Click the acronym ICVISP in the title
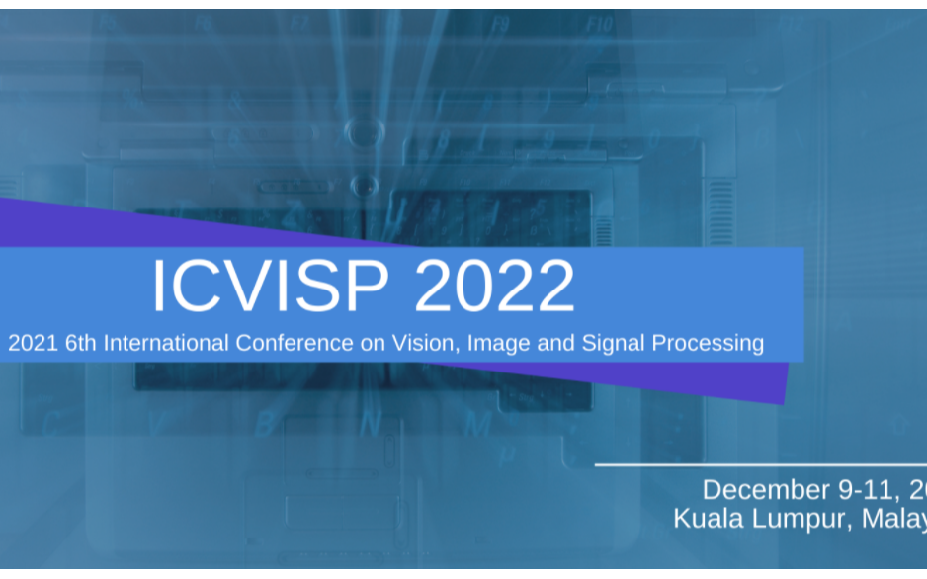tap(273, 287)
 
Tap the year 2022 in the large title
tap(494, 287)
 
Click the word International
tap(167, 343)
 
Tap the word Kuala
tap(709, 519)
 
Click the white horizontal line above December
tap(761, 463)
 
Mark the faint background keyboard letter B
tap(264, 423)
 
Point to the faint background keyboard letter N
tap(371, 423)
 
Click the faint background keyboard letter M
tap(478, 424)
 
